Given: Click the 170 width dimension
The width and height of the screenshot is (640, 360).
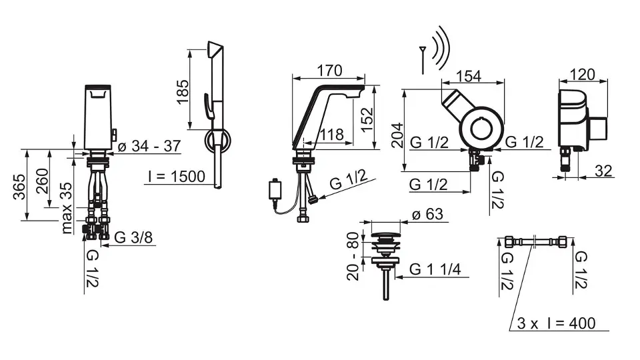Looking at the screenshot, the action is click(330, 71).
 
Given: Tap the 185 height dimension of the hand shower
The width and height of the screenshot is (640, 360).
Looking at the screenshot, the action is click(183, 91).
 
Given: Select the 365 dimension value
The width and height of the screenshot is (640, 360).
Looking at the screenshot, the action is click(19, 187).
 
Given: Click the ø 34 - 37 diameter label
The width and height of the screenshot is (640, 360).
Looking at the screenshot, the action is click(149, 146).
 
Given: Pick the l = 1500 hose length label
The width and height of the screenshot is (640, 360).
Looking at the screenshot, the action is click(177, 176).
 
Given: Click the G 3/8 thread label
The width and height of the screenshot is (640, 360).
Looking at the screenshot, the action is click(133, 237).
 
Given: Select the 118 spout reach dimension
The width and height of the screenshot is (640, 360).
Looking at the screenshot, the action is click(331, 134).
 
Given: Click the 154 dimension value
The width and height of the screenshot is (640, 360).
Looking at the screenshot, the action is click(469, 76).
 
